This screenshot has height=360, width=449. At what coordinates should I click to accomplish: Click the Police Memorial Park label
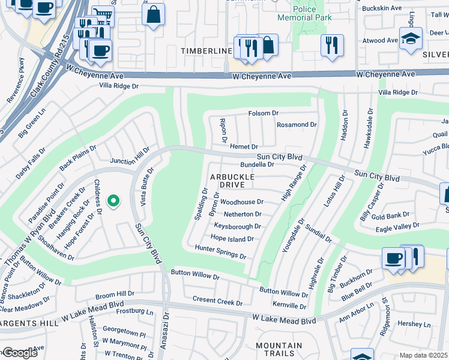312,13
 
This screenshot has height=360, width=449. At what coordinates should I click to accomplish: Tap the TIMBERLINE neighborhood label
207,52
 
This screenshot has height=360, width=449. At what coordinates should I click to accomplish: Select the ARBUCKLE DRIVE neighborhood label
232,181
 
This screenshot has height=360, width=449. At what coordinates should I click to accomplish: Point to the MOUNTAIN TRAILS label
279,350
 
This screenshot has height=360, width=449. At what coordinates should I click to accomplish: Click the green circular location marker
112,202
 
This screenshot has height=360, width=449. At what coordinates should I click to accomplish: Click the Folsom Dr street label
264,113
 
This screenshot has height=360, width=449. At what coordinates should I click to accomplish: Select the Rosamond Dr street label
297,125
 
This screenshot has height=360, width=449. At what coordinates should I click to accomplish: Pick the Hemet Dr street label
244,147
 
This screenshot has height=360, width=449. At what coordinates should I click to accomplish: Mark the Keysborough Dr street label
238,227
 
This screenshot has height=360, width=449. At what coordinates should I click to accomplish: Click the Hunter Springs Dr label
220,252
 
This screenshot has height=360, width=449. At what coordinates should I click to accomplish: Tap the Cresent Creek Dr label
217,299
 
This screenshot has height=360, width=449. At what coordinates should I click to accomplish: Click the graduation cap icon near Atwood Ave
411,39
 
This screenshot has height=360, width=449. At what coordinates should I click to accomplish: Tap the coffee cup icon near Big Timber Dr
393,257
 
